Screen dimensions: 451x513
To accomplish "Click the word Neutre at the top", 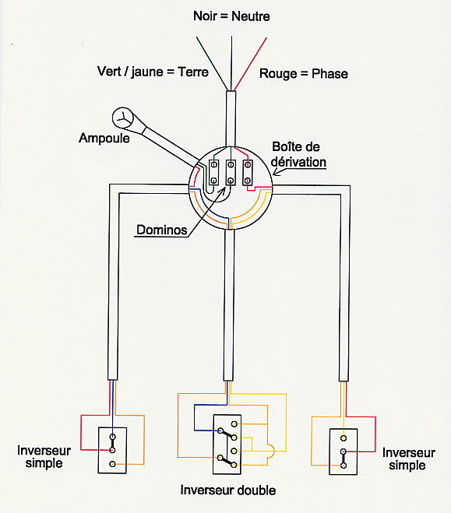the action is point(251,16).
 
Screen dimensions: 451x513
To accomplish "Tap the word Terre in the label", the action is point(193,72).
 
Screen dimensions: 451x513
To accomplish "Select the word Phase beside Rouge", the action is point(329,74).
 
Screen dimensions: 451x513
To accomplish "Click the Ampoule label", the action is point(104,138).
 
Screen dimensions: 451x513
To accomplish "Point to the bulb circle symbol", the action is point(123,118).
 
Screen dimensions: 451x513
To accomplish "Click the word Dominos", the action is point(162,230).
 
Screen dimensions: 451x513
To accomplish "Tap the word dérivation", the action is point(298,162).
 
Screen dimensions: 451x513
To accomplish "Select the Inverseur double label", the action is point(228,490).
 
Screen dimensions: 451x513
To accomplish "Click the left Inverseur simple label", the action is point(44,457).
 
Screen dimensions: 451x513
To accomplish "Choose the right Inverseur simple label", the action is point(408,459).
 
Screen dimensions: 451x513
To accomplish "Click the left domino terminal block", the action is point(213,172).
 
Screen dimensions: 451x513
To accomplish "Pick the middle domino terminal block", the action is point(231,172).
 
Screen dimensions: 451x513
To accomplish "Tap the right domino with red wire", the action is point(248,173).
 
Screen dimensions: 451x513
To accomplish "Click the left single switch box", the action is point(112,450).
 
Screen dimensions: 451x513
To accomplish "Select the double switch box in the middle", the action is point(227,444).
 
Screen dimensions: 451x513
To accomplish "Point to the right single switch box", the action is point(343,452).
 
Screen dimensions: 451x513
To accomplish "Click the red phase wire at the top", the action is point(250,64).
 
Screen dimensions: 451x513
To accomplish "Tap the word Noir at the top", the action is point(205,16).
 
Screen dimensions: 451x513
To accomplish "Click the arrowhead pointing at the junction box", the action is point(276,172).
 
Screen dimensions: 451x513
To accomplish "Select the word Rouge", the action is point(279,74).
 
